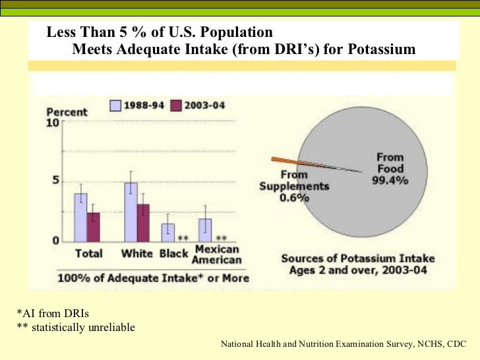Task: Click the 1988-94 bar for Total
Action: [x=80, y=218]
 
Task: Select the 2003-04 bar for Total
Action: [x=94, y=227]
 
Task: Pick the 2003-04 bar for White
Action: [x=144, y=223]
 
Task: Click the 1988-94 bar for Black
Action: [x=168, y=232]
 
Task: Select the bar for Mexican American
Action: [x=205, y=230]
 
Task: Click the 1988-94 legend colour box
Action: [x=115, y=105]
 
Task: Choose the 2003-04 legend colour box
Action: [x=176, y=105]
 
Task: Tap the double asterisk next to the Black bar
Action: [x=184, y=239]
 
